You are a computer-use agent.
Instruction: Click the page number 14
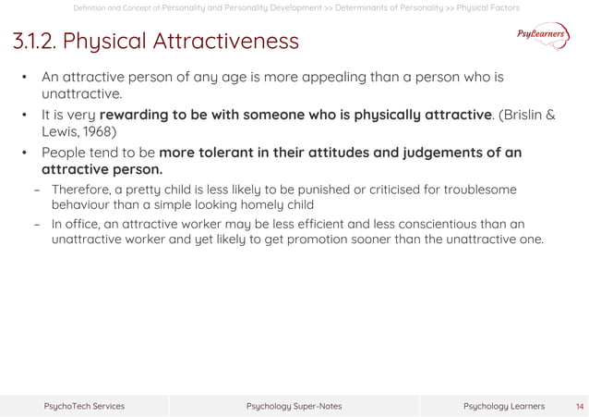580,406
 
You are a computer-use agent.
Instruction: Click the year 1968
98,132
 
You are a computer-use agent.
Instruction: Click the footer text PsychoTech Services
84,406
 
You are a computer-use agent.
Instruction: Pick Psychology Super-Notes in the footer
294,406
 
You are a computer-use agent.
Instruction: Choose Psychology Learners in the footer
503,406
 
